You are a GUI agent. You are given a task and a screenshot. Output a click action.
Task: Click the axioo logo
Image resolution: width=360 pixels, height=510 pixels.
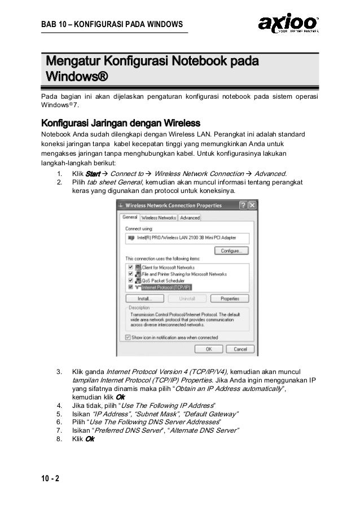pos(288,23)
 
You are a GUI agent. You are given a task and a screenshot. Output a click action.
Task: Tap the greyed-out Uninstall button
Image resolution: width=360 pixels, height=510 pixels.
pos(186,298)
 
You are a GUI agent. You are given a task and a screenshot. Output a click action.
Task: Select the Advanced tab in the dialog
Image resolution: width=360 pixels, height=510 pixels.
pos(190,218)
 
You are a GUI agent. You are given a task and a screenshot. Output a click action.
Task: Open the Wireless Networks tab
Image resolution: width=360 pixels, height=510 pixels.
pos(159,218)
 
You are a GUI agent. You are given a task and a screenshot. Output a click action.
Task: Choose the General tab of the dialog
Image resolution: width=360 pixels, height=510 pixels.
pos(130,217)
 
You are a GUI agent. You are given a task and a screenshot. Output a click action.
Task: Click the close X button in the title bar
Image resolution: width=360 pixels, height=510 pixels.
pos(253,205)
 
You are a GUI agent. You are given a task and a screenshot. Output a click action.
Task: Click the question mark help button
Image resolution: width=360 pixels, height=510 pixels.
pos(243,205)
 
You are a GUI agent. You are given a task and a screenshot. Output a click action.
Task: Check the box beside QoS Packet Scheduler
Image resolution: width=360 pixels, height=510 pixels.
pos(131,280)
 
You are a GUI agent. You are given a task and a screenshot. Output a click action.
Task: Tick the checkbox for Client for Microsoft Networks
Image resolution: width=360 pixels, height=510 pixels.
pos(131,267)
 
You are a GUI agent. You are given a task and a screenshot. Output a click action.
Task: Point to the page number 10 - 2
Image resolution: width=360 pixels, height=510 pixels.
pos(50,480)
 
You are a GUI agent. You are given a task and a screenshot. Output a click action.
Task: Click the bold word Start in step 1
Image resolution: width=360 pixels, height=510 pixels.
pos(91,173)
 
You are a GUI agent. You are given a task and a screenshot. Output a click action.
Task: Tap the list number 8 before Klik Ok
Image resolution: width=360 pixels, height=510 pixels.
pos(59,438)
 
